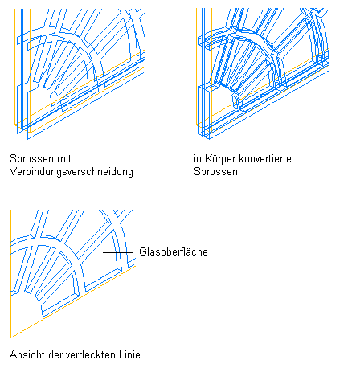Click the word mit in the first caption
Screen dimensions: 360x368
click(63, 158)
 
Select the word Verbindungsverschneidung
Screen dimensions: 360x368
click(72, 172)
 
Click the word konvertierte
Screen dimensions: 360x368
click(265, 158)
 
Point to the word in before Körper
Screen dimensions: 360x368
click(198, 158)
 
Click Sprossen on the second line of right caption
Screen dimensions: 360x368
click(215, 172)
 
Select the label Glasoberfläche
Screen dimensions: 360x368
click(174, 251)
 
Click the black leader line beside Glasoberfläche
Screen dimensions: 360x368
click(118, 252)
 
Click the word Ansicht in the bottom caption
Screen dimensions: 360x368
click(27, 355)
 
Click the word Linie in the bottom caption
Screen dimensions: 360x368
click(127, 355)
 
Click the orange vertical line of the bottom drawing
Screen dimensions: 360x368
click(10, 274)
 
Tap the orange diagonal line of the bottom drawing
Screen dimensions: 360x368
click(73, 301)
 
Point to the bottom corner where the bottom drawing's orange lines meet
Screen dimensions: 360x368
click(10, 337)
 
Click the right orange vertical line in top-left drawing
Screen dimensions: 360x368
click(30, 71)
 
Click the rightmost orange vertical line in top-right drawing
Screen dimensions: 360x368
click(211, 70)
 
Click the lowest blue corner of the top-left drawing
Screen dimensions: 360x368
click(28, 139)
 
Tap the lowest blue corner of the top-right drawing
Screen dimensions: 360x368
click(210, 139)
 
